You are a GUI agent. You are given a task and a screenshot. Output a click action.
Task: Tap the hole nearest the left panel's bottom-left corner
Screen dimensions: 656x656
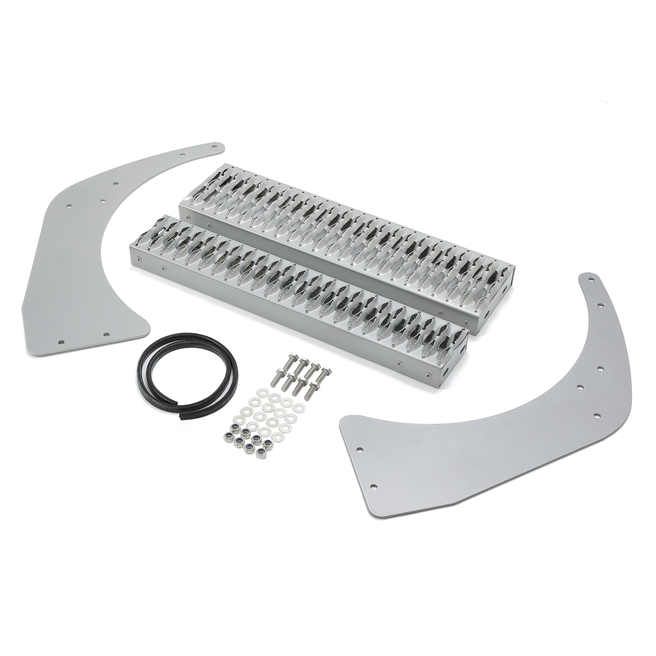(x=61, y=342)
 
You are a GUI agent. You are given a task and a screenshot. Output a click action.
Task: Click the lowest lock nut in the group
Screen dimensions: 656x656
(x=260, y=453)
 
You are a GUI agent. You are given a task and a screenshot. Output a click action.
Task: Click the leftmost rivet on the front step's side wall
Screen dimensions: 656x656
(x=140, y=259)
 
